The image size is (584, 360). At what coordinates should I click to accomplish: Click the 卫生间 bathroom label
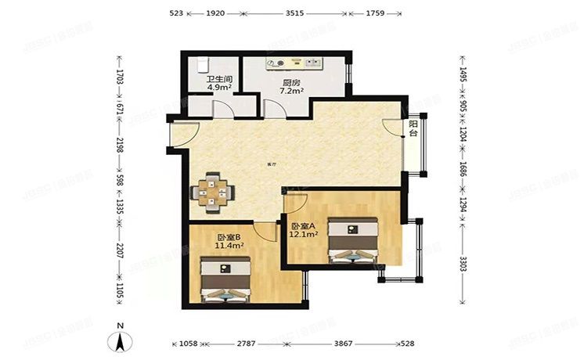(x=218, y=80)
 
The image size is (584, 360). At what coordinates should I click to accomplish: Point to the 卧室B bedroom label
(x=229, y=236)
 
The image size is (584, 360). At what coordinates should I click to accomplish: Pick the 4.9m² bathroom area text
(x=218, y=88)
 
